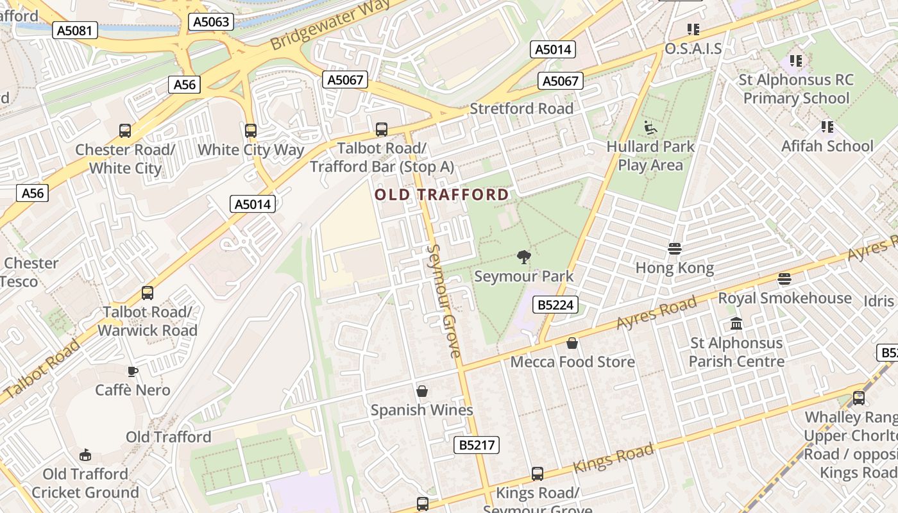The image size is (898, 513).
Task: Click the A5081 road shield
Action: (74, 30)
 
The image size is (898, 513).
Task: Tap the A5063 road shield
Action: (211, 22)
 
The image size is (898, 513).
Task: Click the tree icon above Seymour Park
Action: (524, 258)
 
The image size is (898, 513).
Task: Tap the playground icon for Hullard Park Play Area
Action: (650, 128)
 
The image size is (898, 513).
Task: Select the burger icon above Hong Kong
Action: (674, 249)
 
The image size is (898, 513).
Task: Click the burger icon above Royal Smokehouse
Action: (784, 279)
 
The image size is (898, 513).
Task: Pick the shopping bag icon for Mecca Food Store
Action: (572, 344)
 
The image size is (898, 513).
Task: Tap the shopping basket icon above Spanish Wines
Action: (422, 391)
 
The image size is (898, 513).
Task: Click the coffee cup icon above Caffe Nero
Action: (133, 371)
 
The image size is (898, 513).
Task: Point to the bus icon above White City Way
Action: (250, 131)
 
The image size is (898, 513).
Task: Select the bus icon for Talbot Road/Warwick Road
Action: (148, 293)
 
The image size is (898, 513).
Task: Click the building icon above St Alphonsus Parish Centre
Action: (736, 324)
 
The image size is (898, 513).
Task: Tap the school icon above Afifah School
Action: (827, 127)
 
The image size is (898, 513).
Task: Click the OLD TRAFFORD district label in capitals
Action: (441, 194)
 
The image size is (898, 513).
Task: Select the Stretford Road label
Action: (521, 109)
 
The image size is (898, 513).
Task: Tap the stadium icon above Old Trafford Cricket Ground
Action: (85, 455)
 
